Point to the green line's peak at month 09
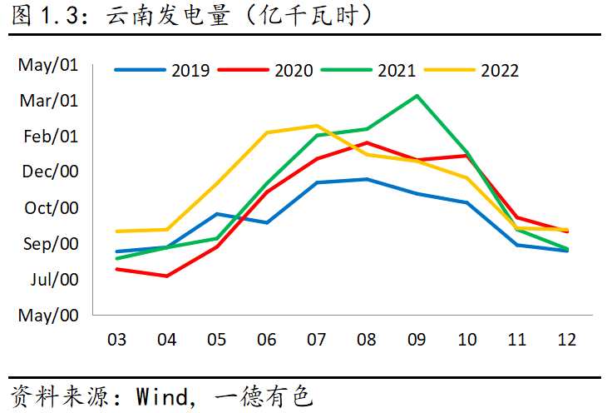[x=417, y=95]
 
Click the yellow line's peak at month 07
[x=317, y=126]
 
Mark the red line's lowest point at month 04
[x=167, y=276]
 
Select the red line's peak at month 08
[x=367, y=142]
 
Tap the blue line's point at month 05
[x=217, y=214]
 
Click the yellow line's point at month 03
[x=117, y=231]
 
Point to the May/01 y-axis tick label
[x=47, y=65]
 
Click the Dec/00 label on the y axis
[x=49, y=172]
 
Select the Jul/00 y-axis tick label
[x=54, y=280]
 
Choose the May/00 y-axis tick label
[x=47, y=316]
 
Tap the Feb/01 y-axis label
[x=51, y=137]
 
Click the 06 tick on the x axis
[x=267, y=340]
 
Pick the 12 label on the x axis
[x=566, y=340]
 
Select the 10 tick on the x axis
[x=466, y=340]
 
